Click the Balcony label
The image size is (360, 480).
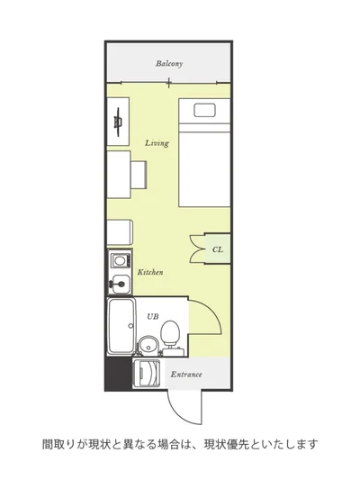point(169,64)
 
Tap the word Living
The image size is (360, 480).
point(157,143)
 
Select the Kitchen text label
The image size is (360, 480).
point(150,272)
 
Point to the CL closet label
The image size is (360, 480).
point(218,249)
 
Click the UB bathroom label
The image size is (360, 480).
point(153,316)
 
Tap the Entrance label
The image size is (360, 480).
point(186,374)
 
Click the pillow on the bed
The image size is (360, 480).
point(205,110)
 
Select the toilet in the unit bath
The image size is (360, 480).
point(170,337)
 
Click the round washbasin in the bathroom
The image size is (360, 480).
point(148,345)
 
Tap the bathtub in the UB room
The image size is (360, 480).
point(121,326)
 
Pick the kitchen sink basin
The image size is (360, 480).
point(120,284)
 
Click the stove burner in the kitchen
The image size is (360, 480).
point(119,261)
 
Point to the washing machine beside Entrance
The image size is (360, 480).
point(146,373)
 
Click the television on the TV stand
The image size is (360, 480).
point(119,122)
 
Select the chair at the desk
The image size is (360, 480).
point(139,174)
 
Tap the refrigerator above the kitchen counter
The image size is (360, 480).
point(120,232)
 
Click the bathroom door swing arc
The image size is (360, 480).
point(214,312)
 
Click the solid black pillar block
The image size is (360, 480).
point(119,374)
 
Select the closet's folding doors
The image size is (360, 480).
point(197,249)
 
